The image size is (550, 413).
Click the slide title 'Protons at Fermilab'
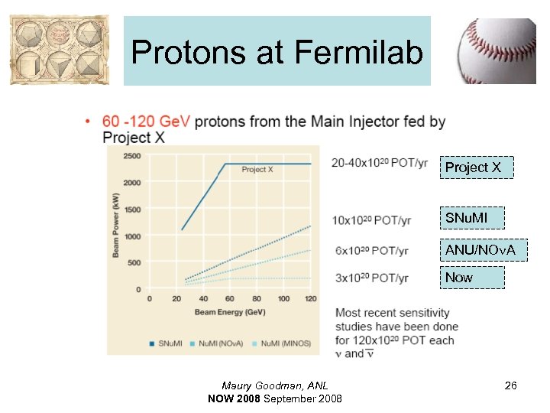click(x=277, y=52)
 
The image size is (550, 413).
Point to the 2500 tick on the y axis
click(x=131, y=156)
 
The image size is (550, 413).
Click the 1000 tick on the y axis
click(x=131, y=236)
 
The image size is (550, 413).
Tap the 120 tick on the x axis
click(x=310, y=298)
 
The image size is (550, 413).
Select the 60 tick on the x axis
click(x=230, y=298)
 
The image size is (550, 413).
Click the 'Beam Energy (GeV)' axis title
click(x=229, y=312)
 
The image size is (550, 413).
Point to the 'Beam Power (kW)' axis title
click(x=117, y=223)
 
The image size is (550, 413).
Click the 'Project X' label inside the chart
click(x=257, y=170)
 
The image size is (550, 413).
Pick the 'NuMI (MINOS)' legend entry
click(x=285, y=343)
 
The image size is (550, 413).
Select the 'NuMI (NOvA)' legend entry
click(x=220, y=343)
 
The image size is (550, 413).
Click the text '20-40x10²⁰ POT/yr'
click(x=380, y=163)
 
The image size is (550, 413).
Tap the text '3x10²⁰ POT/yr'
click(x=371, y=278)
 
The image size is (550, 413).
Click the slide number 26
click(x=510, y=386)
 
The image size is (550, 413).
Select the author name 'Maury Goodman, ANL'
click(x=274, y=386)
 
